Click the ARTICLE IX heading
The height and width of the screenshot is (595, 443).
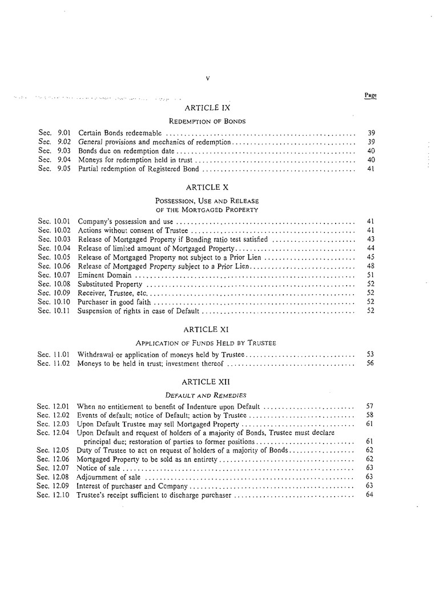click(x=207, y=107)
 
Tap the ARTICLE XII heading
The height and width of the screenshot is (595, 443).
click(x=207, y=381)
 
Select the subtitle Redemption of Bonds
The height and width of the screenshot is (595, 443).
click(x=207, y=121)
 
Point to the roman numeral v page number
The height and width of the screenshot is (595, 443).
click(x=207, y=78)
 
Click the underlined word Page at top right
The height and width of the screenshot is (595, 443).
click(x=370, y=95)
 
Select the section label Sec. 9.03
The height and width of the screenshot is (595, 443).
click(x=54, y=151)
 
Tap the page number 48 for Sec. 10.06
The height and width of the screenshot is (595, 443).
click(x=370, y=266)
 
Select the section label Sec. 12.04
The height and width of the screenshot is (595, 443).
click(x=53, y=433)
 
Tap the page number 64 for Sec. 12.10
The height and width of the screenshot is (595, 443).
click(x=369, y=494)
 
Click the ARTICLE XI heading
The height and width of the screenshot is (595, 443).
click(x=207, y=329)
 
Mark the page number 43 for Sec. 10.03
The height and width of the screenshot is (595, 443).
click(x=370, y=239)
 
